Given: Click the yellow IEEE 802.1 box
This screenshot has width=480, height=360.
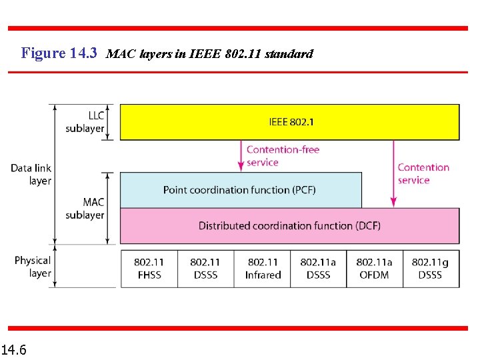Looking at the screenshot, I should [x=289, y=122].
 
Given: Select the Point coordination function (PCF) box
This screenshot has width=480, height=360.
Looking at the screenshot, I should [x=240, y=190].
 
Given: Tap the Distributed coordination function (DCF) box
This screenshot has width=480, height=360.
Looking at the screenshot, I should [x=289, y=225].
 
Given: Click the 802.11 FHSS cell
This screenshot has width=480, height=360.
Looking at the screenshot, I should [x=149, y=269].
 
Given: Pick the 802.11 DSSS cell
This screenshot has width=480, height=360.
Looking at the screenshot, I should [x=205, y=269].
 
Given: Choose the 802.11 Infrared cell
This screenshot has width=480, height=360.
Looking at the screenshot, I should [x=263, y=269].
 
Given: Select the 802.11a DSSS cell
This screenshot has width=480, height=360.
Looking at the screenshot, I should [x=318, y=269].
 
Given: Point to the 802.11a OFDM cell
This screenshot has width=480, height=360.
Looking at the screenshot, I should [x=374, y=269].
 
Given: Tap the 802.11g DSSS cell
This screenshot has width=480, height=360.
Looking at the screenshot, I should [x=430, y=269].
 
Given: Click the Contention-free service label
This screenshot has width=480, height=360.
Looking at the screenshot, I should [x=283, y=155].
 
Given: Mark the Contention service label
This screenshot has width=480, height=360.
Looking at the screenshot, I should [x=423, y=173].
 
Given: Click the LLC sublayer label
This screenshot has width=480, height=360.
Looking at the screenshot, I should [x=85, y=122].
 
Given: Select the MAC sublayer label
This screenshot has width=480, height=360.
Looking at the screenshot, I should [x=85, y=208].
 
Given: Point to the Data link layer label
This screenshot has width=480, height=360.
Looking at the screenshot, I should [x=31, y=174].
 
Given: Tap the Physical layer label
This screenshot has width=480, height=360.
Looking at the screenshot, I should [x=33, y=266].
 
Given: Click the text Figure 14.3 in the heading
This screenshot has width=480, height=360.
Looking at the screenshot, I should [x=59, y=53].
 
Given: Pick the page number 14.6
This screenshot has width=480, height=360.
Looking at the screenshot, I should [x=14, y=349].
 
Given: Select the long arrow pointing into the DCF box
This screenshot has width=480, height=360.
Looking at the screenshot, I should [x=393, y=173].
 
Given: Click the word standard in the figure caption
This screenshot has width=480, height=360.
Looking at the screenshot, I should [x=289, y=53].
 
